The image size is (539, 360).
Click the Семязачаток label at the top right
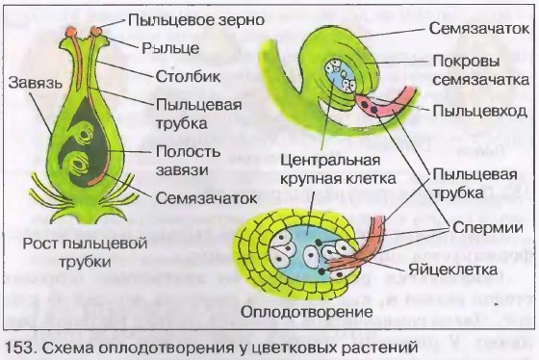point(476,31)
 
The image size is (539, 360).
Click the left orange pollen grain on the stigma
point(72,36)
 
